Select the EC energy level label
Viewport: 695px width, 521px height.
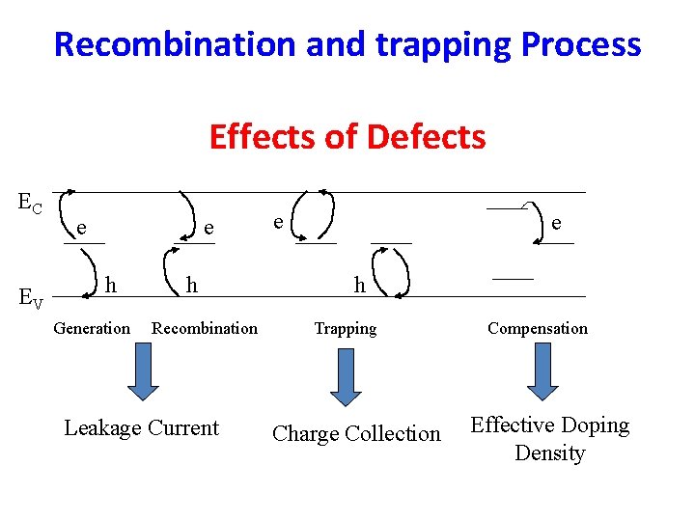click(x=30, y=203)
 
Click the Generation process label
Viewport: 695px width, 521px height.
click(x=92, y=328)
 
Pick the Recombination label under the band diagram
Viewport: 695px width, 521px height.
click(x=205, y=328)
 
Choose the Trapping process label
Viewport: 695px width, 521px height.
click(x=346, y=329)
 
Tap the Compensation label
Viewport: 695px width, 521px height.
click(x=538, y=328)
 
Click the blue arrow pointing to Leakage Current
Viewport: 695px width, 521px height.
click(x=143, y=370)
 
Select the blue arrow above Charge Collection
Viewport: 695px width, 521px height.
click(x=346, y=377)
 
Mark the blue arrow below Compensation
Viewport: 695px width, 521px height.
click(x=542, y=371)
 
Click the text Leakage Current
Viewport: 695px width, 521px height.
click(x=141, y=427)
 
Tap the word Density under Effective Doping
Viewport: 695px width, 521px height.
click(x=549, y=452)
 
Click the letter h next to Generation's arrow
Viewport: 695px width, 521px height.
click(x=111, y=285)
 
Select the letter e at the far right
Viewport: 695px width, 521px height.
click(x=556, y=223)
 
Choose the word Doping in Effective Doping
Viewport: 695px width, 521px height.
click(x=595, y=425)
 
